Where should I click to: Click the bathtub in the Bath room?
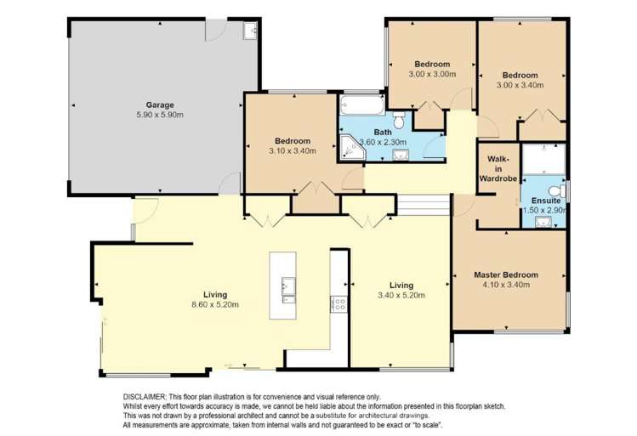(x=361, y=106)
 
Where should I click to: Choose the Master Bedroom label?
(x=506, y=275)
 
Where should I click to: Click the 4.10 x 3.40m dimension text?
(x=506, y=286)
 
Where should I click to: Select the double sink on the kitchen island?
(x=287, y=291)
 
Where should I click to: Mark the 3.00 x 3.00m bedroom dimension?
(x=432, y=75)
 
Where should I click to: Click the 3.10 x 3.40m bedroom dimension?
(x=292, y=150)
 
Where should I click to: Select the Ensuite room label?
(x=545, y=200)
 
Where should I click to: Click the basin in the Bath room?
(x=401, y=154)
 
